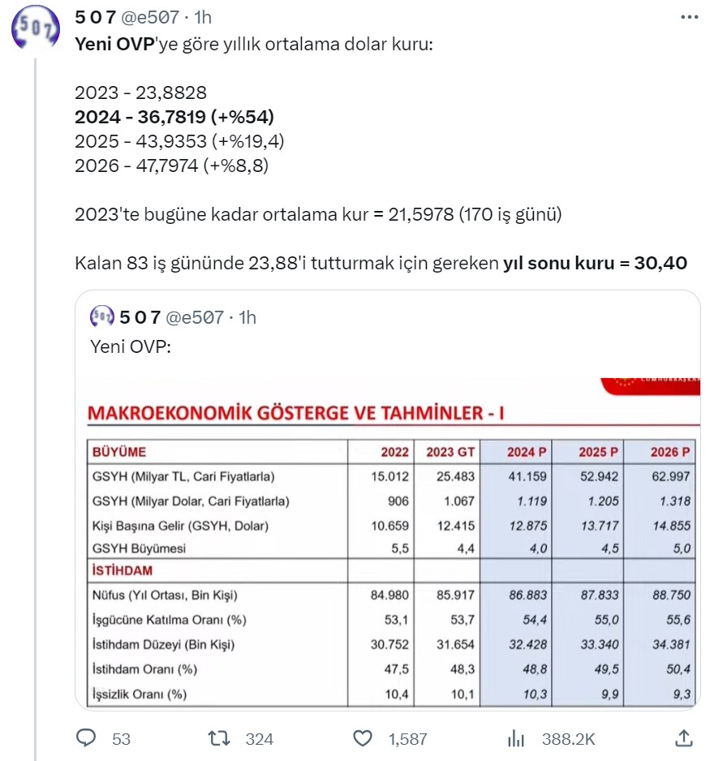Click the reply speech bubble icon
pyautogui.click(x=86, y=738)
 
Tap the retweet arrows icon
pyautogui.click(x=218, y=738)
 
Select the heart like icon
pyautogui.click(x=363, y=738)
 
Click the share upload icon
pyautogui.click(x=684, y=738)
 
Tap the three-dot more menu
pyautogui.click(x=688, y=17)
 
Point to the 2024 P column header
pyautogui.click(x=526, y=452)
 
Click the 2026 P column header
pyautogui.click(x=669, y=452)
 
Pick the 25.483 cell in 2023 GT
pyautogui.click(x=454, y=476)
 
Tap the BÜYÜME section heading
pyautogui.click(x=119, y=452)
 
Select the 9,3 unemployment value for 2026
pyautogui.click(x=680, y=695)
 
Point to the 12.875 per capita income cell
pyautogui.click(x=529, y=525)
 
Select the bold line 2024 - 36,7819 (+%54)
pyautogui.click(x=174, y=117)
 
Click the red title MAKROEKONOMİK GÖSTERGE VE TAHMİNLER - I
pyautogui.click(x=295, y=414)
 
